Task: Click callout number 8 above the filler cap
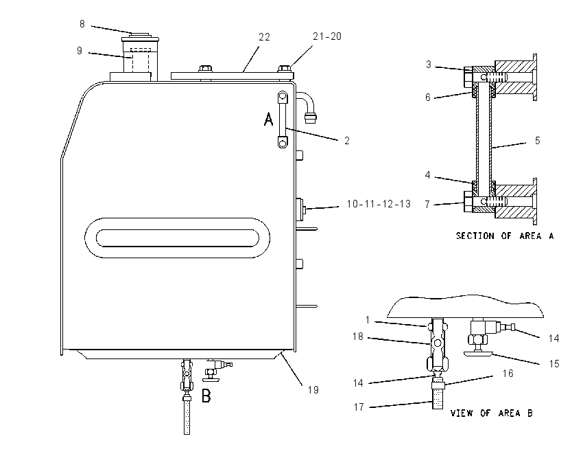point(82,24)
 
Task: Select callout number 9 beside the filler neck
point(79,51)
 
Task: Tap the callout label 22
point(264,37)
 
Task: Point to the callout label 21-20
point(327,36)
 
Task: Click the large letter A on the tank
point(268,119)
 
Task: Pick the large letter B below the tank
point(206,396)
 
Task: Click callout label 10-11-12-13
point(379,203)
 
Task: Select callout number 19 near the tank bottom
point(313,390)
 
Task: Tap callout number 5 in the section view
point(537,140)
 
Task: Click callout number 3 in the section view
point(428,65)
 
